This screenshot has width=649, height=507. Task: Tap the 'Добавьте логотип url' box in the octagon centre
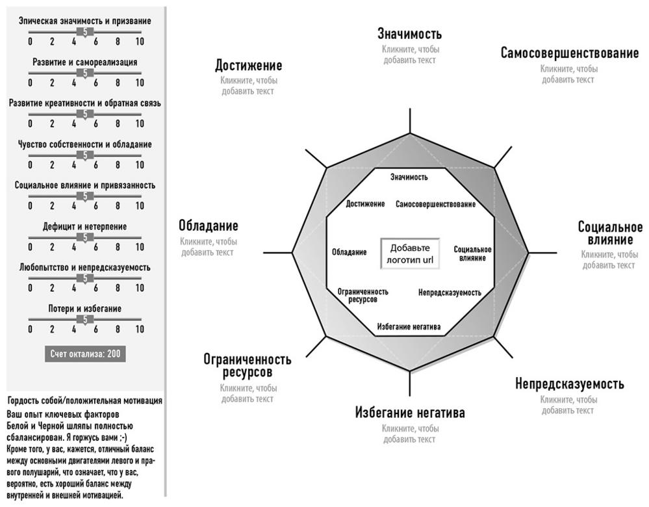click(410, 254)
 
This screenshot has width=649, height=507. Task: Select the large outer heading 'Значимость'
click(409, 34)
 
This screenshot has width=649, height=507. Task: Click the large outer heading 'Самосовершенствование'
click(569, 53)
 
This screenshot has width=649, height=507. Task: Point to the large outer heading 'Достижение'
click(248, 66)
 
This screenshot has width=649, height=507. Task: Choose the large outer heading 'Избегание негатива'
click(410, 413)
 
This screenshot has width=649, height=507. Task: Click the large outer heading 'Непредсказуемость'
click(569, 383)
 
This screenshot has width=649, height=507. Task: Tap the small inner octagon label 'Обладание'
click(349, 252)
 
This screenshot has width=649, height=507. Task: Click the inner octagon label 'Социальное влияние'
click(472, 253)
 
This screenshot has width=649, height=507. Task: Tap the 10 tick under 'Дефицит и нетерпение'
click(140, 247)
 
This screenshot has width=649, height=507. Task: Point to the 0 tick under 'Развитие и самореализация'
click(30, 83)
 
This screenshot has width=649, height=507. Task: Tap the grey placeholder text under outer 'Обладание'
click(208, 247)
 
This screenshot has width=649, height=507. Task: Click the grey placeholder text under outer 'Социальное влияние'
click(609, 260)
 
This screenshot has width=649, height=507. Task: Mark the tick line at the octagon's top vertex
click(410, 122)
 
